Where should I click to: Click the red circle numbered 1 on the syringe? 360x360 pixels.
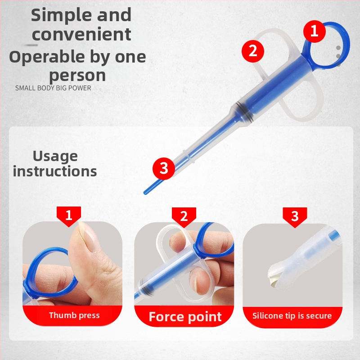[314, 31]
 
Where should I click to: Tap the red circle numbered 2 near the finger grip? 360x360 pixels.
[253, 51]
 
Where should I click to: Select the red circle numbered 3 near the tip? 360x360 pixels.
[164, 168]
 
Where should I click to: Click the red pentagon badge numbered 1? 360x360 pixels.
[69, 216]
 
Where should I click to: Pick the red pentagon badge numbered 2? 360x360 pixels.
[184, 217]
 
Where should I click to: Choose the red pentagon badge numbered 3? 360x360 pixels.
[295, 217]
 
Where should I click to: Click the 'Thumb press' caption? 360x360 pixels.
[74, 315]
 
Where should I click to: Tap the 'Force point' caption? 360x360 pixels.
[185, 317]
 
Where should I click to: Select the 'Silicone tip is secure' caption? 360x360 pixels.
[292, 316]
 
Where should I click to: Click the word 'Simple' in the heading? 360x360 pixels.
[61, 16]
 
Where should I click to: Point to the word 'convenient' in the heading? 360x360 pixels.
[81, 35]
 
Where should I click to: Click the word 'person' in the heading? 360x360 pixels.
[77, 76]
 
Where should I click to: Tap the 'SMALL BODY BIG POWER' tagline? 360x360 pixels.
[53, 88]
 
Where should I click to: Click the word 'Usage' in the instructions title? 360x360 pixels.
[55, 157]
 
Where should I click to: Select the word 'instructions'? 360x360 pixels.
[55, 171]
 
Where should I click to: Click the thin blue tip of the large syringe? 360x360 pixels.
[153, 186]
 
